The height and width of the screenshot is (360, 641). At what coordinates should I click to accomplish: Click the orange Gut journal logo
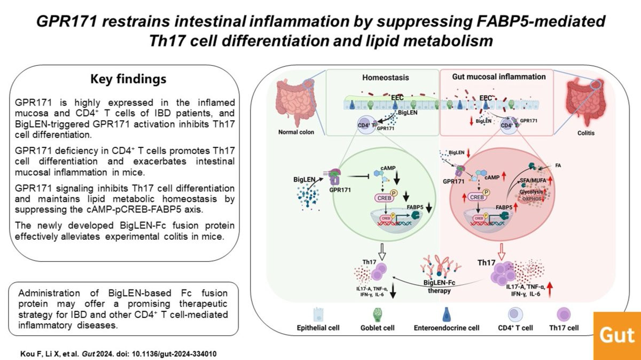click(617, 335)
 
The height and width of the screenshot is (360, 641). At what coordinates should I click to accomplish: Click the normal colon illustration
click(293, 101)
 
